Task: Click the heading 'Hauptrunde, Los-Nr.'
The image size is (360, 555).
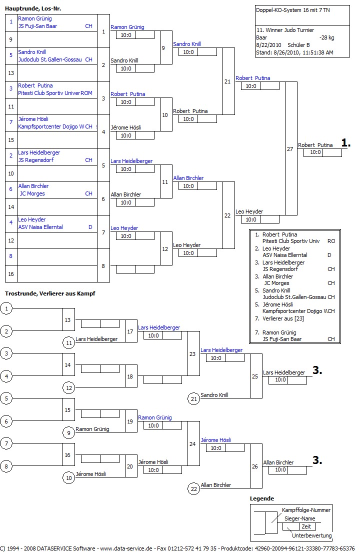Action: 33,9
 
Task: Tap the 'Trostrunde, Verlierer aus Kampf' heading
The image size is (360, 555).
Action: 50,293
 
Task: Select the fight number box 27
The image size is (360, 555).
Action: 290,149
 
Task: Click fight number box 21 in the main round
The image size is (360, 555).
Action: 228,81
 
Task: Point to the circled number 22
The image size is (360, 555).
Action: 194,488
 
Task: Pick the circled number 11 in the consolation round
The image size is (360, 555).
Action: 69,342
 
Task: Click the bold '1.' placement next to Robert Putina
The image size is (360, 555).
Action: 346,143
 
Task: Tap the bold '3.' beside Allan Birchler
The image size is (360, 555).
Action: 317,460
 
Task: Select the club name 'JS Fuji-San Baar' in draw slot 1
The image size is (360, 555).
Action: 37,26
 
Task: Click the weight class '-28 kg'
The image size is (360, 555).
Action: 326,37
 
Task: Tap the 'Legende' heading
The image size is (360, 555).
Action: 262,498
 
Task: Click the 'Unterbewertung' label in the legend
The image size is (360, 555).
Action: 311,535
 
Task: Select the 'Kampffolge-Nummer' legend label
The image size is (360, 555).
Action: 306,510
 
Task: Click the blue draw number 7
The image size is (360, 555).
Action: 10,122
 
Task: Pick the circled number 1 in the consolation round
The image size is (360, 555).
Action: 6,308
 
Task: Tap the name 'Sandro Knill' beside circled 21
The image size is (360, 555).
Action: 214,395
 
